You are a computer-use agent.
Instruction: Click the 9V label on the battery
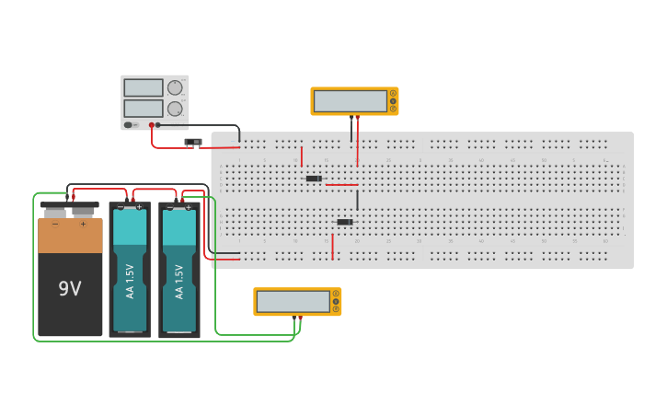70,288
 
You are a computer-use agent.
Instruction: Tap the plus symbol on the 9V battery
83,224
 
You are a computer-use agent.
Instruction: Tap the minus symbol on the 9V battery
55,224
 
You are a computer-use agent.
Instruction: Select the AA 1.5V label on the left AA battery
130,281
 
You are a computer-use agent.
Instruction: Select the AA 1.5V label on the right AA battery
179,281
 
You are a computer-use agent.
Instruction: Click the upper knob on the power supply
175,87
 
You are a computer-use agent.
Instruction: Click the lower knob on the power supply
175,109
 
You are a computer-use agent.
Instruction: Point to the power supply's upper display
143,87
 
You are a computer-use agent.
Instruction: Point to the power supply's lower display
143,108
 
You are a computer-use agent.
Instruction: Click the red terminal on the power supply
152,124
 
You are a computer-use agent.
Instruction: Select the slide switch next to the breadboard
193,142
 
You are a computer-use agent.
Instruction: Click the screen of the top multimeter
350,100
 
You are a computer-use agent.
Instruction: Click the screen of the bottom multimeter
293,301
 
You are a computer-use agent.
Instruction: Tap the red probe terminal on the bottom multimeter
300,317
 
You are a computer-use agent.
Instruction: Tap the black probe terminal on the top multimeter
351,117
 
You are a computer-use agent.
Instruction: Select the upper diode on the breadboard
314,178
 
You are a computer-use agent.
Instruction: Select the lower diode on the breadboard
345,222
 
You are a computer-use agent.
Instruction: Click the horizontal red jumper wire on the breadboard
341,184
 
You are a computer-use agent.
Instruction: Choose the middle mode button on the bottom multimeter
336,301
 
